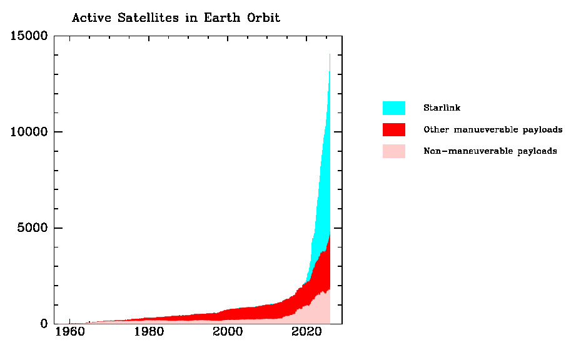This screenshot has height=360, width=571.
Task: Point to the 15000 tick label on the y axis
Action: [29, 36]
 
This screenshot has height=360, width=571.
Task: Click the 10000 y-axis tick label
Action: [29, 132]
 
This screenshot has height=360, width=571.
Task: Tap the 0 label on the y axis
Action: [44, 324]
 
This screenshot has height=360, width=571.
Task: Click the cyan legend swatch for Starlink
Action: [393, 108]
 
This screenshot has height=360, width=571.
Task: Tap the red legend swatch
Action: [393, 129]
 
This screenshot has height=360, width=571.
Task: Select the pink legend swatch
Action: [393, 151]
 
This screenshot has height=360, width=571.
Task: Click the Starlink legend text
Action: [442, 108]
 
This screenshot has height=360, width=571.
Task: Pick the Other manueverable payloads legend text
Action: [493, 130]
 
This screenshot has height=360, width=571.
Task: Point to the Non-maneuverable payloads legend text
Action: [490, 151]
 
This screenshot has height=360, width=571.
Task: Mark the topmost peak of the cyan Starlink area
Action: [330, 54]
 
